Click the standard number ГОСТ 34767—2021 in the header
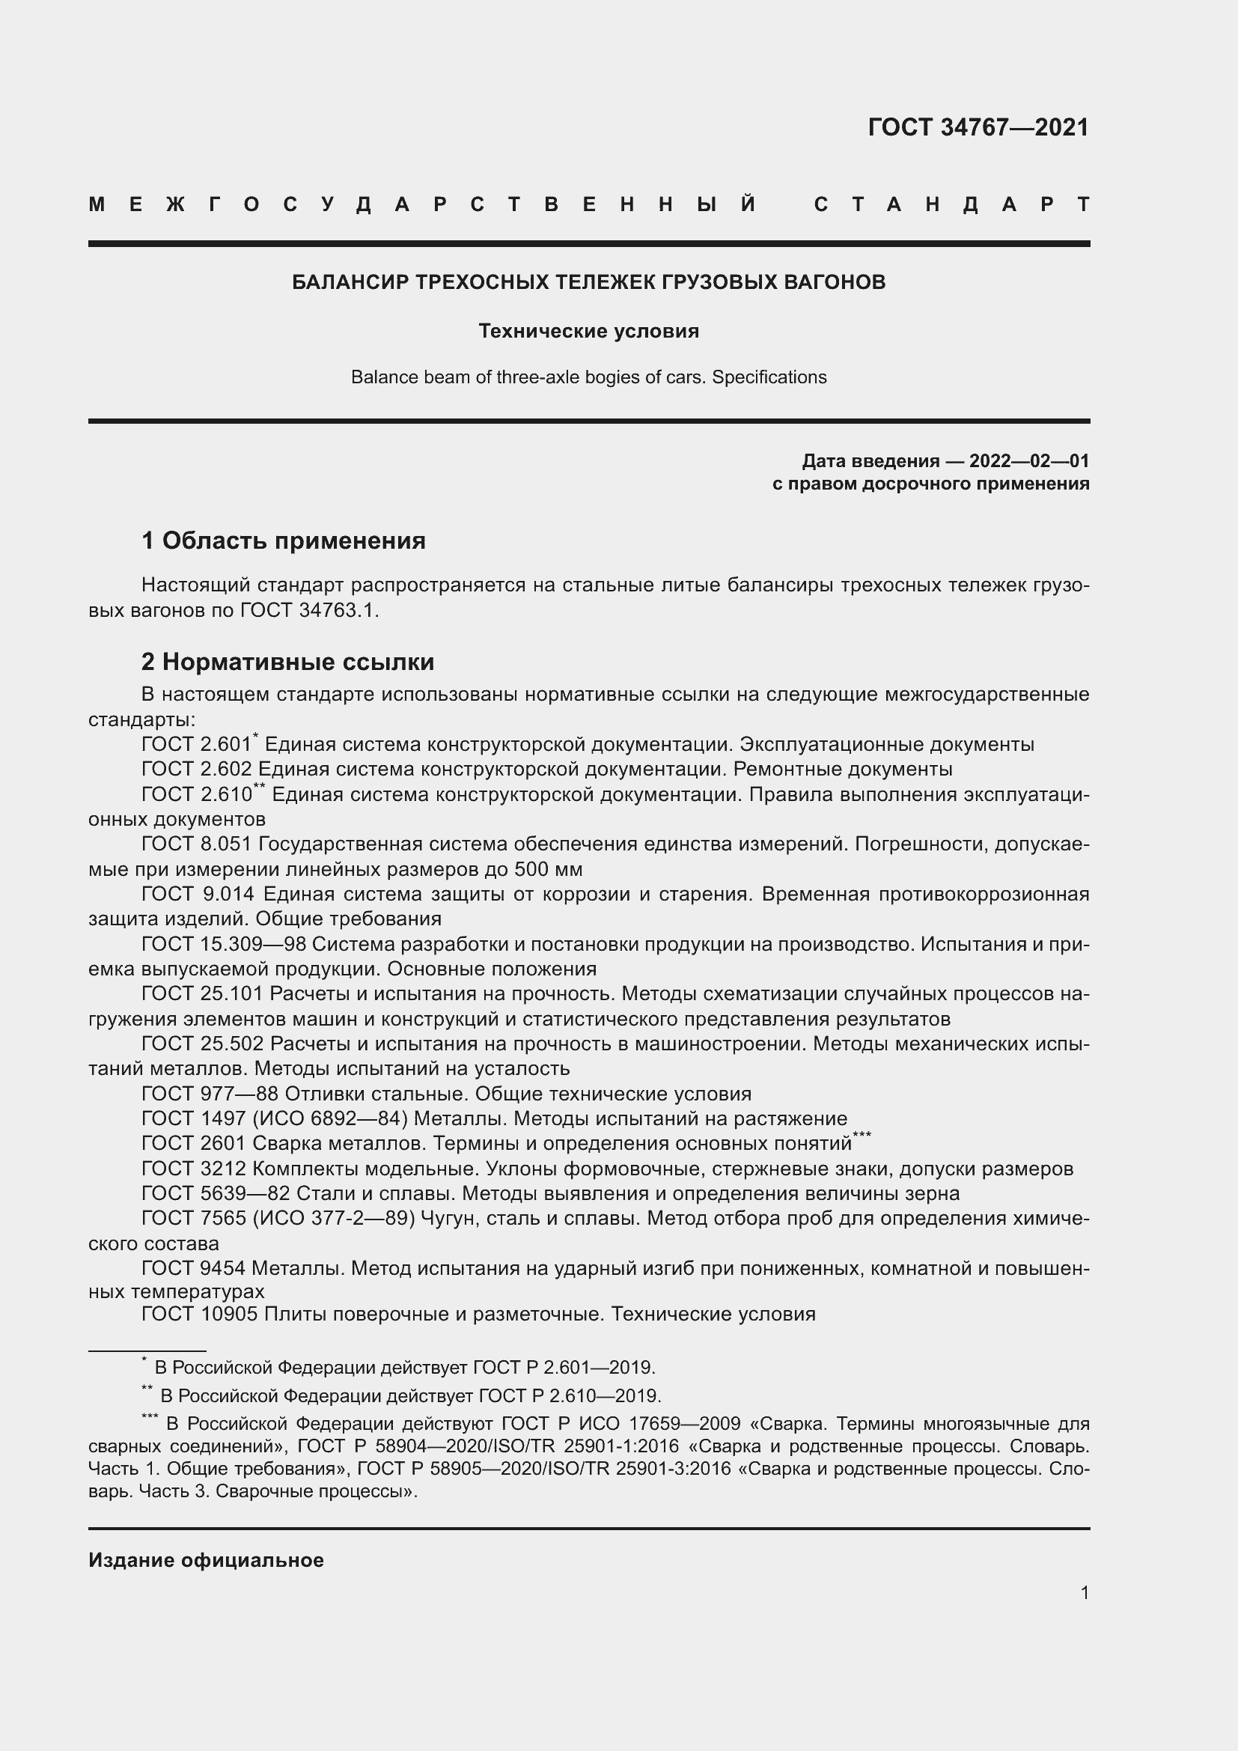click(x=978, y=127)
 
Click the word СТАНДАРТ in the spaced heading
click(x=951, y=204)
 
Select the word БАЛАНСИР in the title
click(x=350, y=282)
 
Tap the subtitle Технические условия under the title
click(x=588, y=331)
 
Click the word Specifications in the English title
click(x=769, y=377)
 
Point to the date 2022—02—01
click(x=1028, y=460)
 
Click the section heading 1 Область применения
click(x=284, y=540)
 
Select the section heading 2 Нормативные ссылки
click(x=287, y=661)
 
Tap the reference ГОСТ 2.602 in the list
click(x=196, y=769)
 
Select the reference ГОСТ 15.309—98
click(x=223, y=944)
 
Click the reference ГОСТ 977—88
click(x=210, y=1094)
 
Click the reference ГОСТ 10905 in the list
click(x=202, y=1313)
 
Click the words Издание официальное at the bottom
click(x=206, y=1560)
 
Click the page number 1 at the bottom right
click(x=1084, y=1592)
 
